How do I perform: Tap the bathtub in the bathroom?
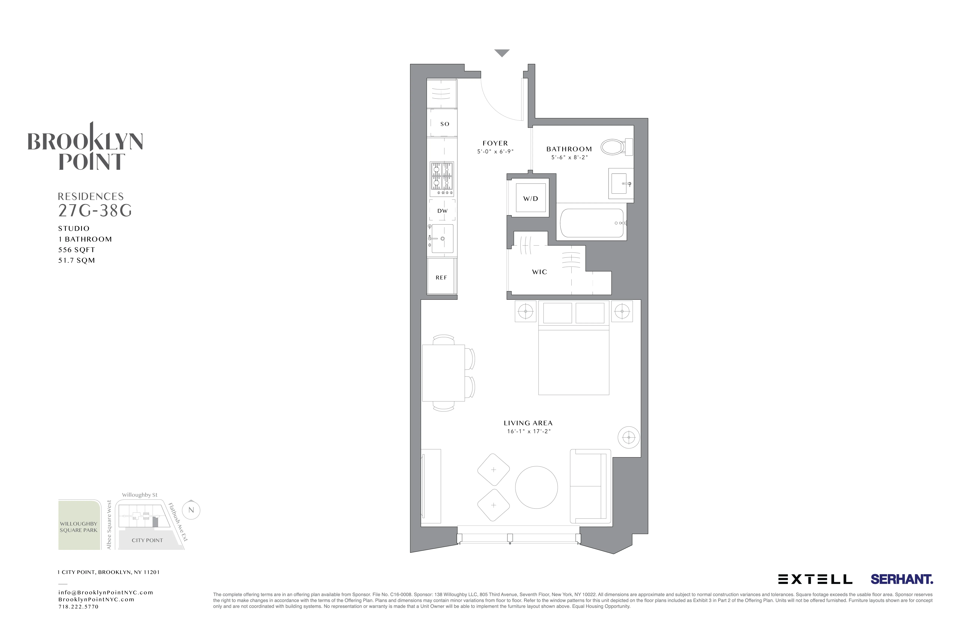tap(592, 223)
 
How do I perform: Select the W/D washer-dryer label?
tap(531, 199)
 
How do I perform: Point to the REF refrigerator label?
tap(441, 278)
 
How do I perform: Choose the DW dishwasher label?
tap(443, 211)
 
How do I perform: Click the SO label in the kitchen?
tap(445, 124)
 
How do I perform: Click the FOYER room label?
tap(495, 143)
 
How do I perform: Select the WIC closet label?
tap(539, 272)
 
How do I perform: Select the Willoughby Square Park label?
tap(79, 527)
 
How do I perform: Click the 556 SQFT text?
tap(77, 250)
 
